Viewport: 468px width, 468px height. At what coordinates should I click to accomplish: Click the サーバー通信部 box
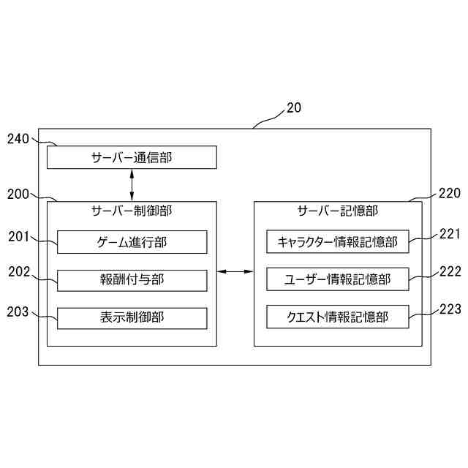(132, 157)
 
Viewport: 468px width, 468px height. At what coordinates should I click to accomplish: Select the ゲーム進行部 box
(132, 242)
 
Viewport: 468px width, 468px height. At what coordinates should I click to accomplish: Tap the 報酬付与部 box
(132, 280)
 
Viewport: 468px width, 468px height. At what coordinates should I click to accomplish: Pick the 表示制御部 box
(132, 318)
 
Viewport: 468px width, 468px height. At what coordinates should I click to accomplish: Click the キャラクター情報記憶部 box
(337, 242)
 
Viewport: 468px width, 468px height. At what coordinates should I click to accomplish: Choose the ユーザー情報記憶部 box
(337, 280)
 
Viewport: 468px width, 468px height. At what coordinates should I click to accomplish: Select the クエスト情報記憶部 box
(337, 318)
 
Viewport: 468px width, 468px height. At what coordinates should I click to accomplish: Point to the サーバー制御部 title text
(132, 212)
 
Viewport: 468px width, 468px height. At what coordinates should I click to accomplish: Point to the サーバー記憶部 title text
(337, 212)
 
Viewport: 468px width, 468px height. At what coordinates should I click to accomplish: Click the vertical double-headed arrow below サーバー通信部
(132, 185)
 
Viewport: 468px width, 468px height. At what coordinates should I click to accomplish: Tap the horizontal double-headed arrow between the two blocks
(235, 273)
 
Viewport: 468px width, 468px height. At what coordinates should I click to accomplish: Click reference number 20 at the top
(293, 107)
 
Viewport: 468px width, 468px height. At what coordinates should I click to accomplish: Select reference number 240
(18, 138)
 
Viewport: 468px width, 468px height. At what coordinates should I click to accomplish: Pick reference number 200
(18, 194)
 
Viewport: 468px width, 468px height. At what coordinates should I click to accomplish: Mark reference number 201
(18, 235)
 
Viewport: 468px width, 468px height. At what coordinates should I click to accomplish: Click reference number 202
(18, 273)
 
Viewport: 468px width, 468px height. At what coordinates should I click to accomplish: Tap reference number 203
(18, 312)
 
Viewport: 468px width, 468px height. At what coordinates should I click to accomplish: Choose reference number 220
(450, 194)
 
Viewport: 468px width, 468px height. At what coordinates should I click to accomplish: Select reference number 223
(450, 309)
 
